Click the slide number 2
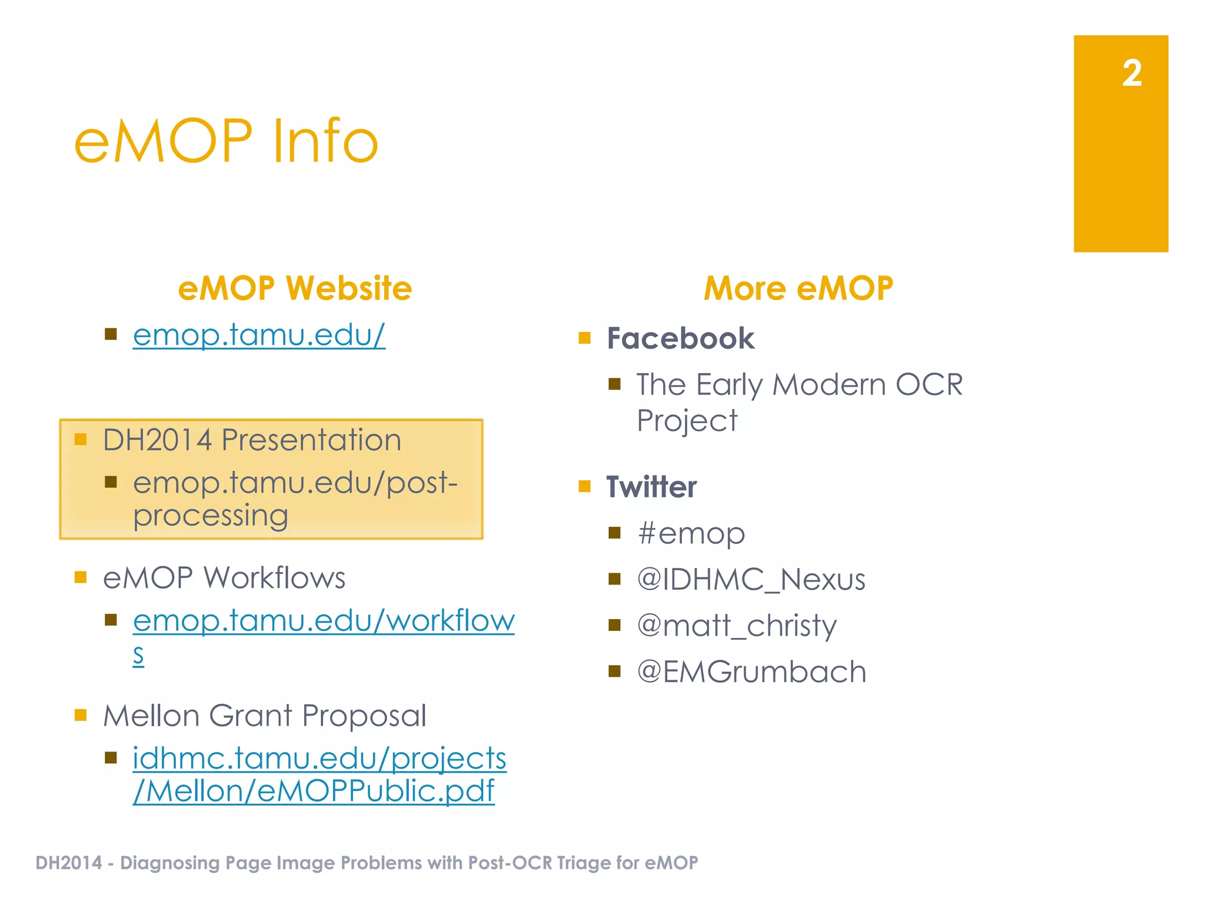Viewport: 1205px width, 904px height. (x=1131, y=74)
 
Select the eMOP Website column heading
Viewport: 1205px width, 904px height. (x=295, y=288)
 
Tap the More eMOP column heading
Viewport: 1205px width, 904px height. (x=798, y=288)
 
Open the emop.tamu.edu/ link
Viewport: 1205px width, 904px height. (x=259, y=335)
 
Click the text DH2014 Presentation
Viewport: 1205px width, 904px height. (x=252, y=440)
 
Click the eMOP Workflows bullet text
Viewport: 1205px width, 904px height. (x=224, y=578)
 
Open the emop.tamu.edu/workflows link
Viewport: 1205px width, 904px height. (x=324, y=621)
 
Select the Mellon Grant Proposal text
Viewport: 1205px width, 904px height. (x=264, y=716)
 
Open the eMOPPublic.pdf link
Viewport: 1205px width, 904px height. (x=314, y=791)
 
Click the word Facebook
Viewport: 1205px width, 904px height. (x=680, y=339)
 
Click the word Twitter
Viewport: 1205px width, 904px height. (x=651, y=487)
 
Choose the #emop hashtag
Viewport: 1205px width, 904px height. (x=691, y=534)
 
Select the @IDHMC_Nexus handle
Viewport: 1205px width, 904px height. (x=751, y=580)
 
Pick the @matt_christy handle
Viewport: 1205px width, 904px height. (x=737, y=626)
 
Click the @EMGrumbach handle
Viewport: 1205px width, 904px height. (x=751, y=672)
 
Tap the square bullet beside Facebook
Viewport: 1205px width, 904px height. (x=584, y=338)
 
